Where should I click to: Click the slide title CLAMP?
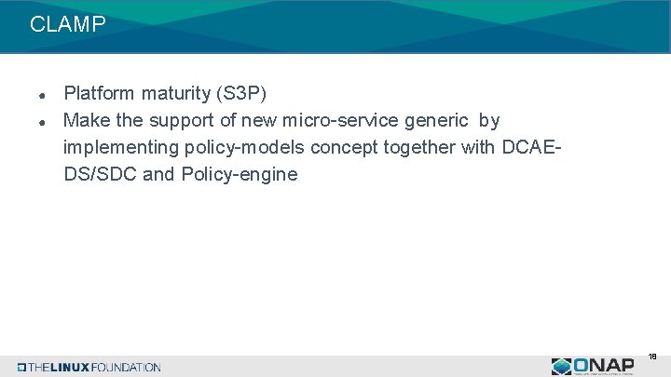(x=68, y=25)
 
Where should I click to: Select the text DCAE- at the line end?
(x=533, y=147)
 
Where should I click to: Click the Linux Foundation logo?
(x=89, y=367)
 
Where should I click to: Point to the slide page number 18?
(x=652, y=357)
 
